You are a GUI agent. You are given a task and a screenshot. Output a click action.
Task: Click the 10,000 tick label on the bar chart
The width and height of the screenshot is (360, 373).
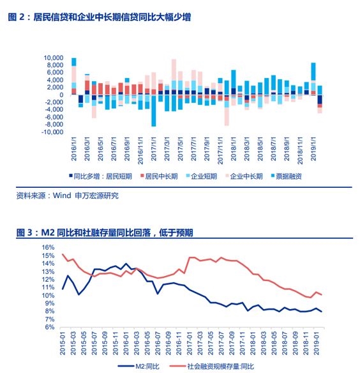[53, 58]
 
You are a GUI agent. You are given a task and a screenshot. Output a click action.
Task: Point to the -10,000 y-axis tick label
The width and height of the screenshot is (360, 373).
[52, 132]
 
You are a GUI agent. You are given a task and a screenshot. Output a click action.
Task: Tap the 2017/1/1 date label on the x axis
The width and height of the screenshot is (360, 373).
[154, 149]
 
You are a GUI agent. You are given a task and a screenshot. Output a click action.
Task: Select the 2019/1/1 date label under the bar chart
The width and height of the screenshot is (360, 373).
[313, 149]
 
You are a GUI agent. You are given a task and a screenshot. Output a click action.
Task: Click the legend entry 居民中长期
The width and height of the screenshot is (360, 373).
[159, 176]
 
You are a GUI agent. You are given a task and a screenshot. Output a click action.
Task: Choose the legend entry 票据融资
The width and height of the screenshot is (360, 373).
[287, 176]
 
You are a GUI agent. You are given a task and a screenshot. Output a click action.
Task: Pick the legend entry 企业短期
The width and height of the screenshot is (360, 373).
[202, 176]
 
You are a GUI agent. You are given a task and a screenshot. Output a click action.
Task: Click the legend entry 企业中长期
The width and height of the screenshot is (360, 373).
[244, 176]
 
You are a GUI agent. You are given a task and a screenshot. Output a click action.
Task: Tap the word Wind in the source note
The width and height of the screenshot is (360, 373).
[62, 195]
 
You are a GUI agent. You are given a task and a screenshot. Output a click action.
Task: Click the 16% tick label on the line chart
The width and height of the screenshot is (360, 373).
[49, 247]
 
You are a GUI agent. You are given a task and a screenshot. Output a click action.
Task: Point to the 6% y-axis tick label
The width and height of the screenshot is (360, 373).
[50, 327]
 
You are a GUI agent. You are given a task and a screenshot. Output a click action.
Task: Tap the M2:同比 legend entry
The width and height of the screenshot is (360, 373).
[139, 367]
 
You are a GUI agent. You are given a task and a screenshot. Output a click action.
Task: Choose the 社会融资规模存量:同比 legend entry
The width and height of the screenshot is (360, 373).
[212, 367]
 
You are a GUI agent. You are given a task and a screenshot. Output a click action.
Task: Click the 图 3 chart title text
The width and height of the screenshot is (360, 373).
[105, 232]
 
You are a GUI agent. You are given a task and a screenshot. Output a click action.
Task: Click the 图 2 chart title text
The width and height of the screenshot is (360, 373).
[99, 17]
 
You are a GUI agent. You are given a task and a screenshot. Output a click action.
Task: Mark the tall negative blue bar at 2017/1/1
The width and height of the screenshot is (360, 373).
[154, 111]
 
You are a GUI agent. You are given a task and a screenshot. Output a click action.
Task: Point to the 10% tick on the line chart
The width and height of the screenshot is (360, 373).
[49, 295]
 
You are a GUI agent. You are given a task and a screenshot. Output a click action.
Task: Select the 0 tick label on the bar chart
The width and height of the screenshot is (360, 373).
[61, 95]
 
